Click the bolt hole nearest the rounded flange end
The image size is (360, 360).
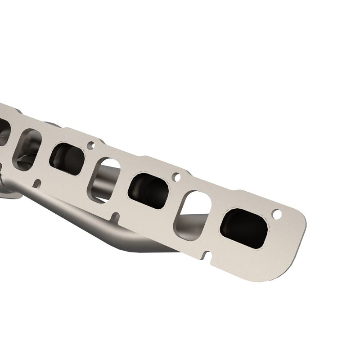click(x=277, y=215)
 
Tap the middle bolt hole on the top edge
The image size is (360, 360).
click(x=176, y=177)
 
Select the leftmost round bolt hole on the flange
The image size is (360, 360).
click(x=91, y=145)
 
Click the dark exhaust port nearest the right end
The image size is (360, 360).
click(x=244, y=228)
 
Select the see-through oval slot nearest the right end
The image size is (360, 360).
click(x=193, y=216)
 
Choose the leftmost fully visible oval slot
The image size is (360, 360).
click(x=27, y=149)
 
